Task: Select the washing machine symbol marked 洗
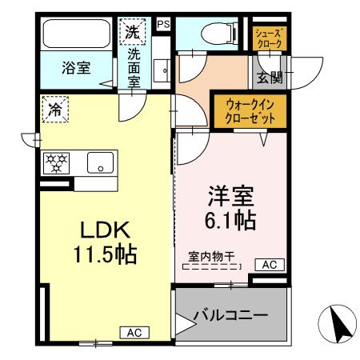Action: [x=131, y=33]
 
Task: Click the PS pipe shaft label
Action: [x=163, y=24]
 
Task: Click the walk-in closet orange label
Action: [x=252, y=110]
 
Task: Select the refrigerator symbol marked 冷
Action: [x=54, y=110]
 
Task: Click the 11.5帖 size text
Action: [x=106, y=255]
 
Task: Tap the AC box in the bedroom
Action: [x=269, y=265]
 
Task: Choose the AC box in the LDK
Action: [x=134, y=332]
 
